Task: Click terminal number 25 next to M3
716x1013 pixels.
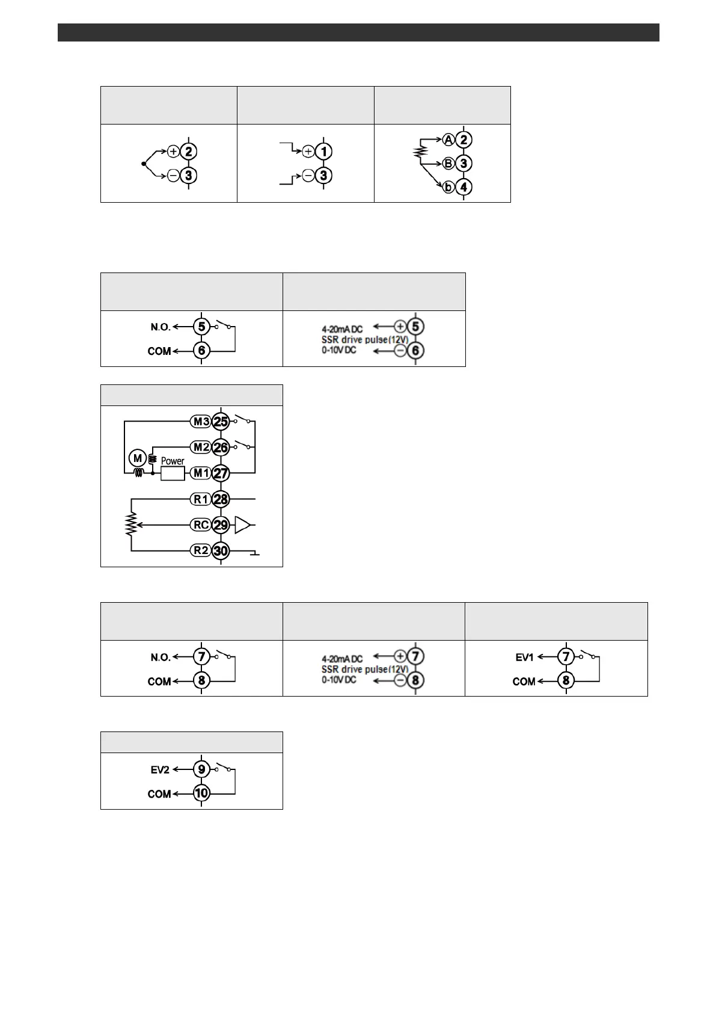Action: pyautogui.click(x=221, y=422)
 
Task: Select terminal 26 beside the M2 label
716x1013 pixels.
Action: pyautogui.click(x=221, y=448)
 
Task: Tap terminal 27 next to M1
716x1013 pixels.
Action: pyautogui.click(x=221, y=473)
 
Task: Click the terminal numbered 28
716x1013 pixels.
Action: pyautogui.click(x=221, y=499)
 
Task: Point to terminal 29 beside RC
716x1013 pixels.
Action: pyautogui.click(x=221, y=525)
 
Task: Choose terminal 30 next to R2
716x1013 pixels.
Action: pyautogui.click(x=221, y=551)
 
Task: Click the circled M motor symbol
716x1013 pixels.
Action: pyautogui.click(x=138, y=458)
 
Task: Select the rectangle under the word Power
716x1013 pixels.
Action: pyautogui.click(x=173, y=473)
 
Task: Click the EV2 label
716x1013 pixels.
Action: pyautogui.click(x=159, y=770)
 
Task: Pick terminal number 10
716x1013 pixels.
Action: pyautogui.click(x=201, y=793)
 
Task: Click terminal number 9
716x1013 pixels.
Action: pyautogui.click(x=201, y=769)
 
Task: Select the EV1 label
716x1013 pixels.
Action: pyautogui.click(x=524, y=657)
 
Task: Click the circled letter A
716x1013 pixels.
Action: pyautogui.click(x=448, y=140)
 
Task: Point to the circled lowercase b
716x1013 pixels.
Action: pyautogui.click(x=448, y=186)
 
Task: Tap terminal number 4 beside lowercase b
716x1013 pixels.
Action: pyautogui.click(x=464, y=186)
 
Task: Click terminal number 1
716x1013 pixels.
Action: pyautogui.click(x=323, y=152)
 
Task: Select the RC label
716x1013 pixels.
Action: pyautogui.click(x=201, y=525)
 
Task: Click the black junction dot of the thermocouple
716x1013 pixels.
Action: pyautogui.click(x=144, y=164)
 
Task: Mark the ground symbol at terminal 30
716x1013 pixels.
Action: pyautogui.click(x=255, y=553)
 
